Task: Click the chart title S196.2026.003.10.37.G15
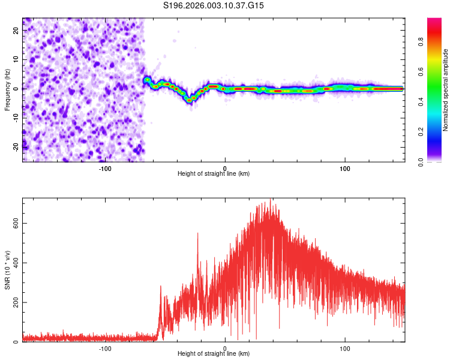coord(214,6)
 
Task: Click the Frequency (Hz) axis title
coord(7,89)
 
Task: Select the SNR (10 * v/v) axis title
coord(7,269)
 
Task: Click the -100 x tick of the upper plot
coord(106,168)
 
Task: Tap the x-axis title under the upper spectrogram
coord(214,174)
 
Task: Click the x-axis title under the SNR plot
coord(214,354)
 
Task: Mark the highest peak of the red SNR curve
coord(271,199)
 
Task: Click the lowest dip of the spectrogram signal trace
coord(190,100)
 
